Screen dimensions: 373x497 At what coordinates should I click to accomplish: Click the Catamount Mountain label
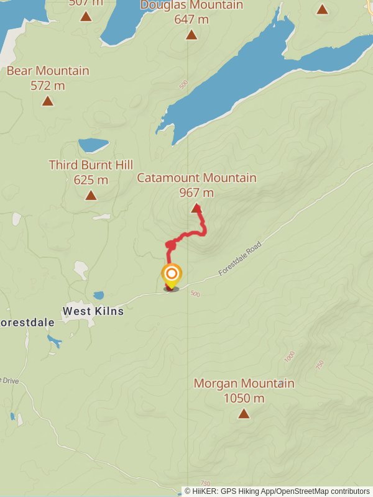coord(196,178)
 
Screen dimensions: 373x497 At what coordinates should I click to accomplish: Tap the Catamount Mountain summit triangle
coord(196,209)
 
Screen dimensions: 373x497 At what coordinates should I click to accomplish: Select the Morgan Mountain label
coord(244,383)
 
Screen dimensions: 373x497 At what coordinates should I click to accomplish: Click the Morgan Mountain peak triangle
coord(244,413)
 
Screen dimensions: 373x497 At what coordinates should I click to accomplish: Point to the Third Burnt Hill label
coord(91,165)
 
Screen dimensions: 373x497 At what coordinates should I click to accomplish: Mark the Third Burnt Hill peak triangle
coord(91,196)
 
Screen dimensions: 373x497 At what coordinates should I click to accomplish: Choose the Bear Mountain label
coord(48,71)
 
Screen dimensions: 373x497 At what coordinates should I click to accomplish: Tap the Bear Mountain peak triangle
coord(48,101)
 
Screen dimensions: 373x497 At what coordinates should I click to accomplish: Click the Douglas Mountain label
coord(191,5)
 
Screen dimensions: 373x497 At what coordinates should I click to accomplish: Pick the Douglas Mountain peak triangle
coord(191,35)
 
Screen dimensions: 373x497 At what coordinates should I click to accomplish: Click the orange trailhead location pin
coord(172,275)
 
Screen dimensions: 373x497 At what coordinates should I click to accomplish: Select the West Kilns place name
coord(93,311)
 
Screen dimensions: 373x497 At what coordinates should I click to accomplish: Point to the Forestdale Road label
coord(240,259)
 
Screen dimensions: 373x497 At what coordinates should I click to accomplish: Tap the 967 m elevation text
coord(196,193)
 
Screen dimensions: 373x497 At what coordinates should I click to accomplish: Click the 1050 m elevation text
coord(244,398)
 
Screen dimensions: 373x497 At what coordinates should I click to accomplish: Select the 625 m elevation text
coord(91,180)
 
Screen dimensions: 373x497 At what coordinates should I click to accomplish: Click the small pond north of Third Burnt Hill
coord(93,145)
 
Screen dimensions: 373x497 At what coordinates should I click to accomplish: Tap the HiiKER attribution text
coord(277,491)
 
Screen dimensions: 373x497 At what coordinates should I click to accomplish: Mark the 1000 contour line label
coord(290,357)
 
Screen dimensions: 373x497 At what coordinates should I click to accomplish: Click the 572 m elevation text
coord(48,86)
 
